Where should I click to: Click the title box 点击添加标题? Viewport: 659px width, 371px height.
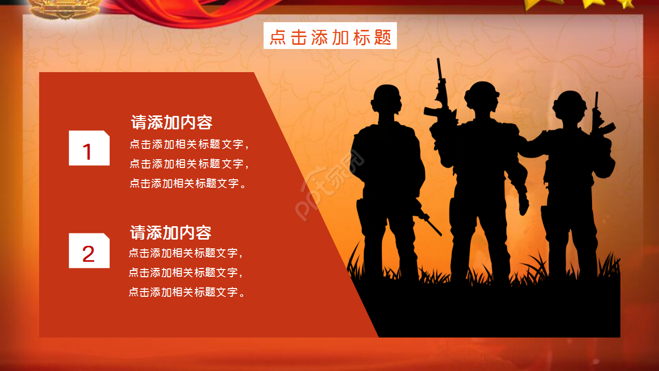coord(330,36)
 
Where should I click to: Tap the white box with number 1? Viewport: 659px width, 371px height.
coord(89,148)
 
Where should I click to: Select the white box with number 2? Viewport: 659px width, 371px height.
coord(89,251)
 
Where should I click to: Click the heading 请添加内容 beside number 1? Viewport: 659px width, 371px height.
coord(171,123)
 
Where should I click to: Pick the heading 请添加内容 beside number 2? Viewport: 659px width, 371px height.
coord(170,232)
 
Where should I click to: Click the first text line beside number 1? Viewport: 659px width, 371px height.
coord(189,144)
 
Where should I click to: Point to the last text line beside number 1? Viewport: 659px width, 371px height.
coord(188,183)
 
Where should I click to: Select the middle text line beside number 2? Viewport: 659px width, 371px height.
coord(185,272)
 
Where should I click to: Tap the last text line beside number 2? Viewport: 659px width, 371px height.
coord(186,292)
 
